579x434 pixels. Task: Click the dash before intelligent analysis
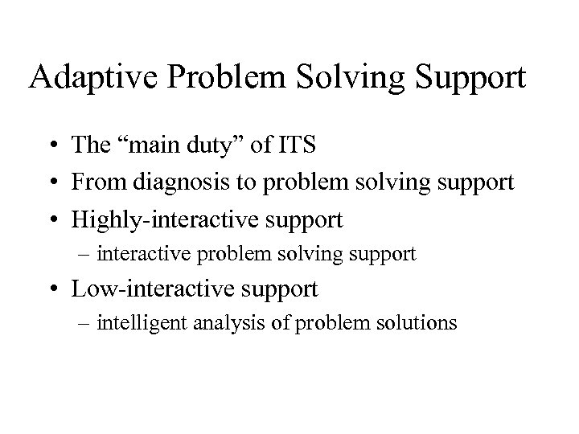(x=105, y=324)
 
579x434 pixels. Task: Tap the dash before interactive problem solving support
(x=105, y=255)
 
